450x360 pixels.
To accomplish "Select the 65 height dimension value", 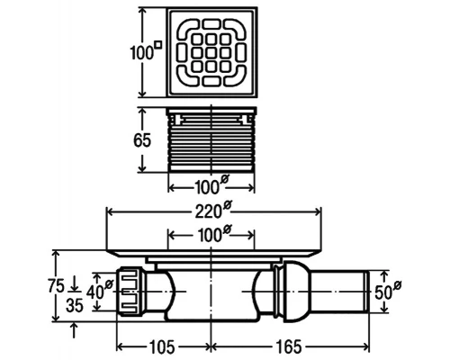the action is coord(142,140).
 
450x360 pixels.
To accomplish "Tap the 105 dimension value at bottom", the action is coord(162,346).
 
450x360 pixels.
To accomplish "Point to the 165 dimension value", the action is coord(289,346).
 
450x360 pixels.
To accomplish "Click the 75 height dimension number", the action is coord(56,285).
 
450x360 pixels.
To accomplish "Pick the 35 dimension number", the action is coord(75,306).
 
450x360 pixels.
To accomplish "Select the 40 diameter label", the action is coord(99,290).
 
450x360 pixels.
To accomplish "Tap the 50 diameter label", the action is coord(388,290).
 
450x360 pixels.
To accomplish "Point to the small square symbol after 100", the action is coord(158,44).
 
